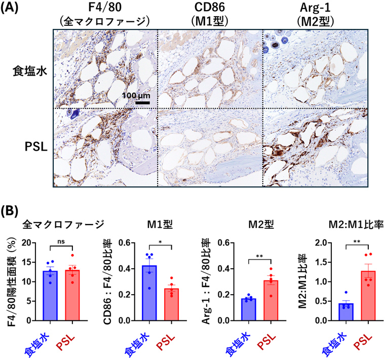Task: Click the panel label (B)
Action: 11,210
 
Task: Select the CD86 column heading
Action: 211,8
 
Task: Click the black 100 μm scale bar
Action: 142,102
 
